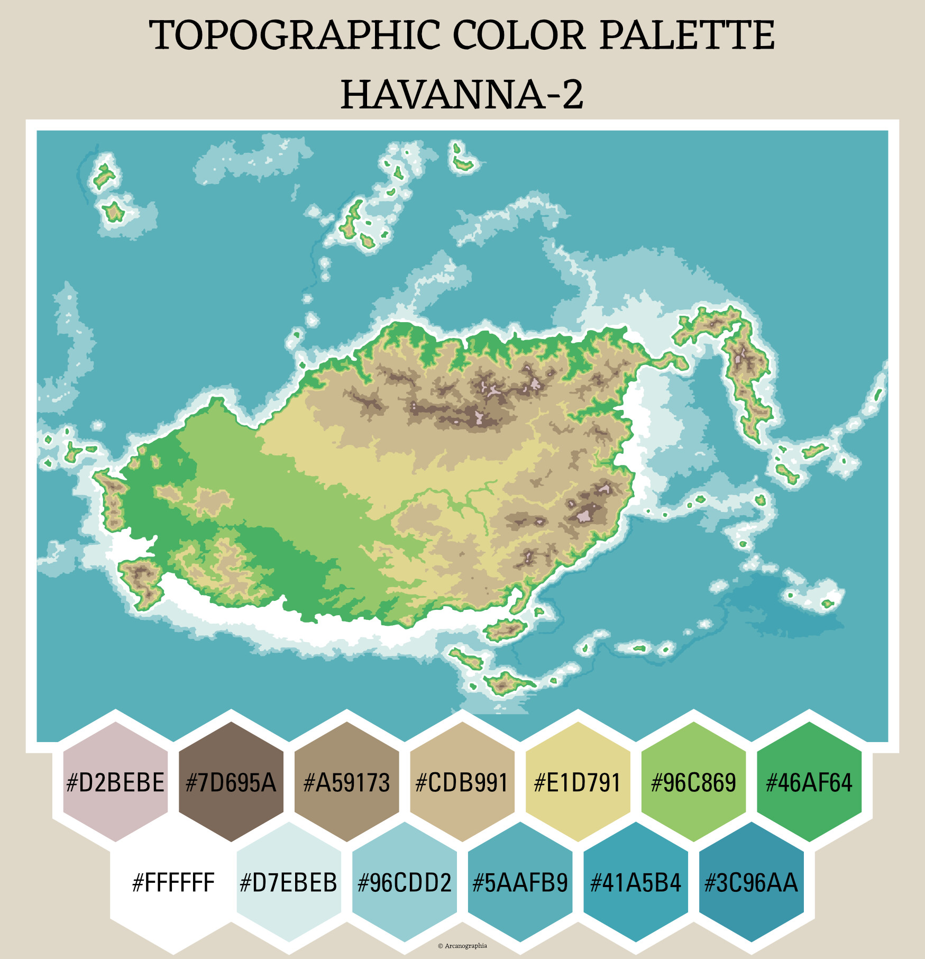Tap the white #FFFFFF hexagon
pyautogui.click(x=173, y=882)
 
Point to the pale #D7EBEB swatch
pyautogui.click(x=289, y=882)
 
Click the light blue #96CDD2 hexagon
pyautogui.click(x=405, y=882)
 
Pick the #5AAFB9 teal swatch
pyautogui.click(x=520, y=882)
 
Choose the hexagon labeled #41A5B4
pyautogui.click(x=636, y=882)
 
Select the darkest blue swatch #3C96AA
pyautogui.click(x=752, y=882)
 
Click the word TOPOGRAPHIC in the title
pyautogui.click(x=294, y=35)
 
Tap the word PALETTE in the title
pyautogui.click(x=687, y=35)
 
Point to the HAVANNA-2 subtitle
pyautogui.click(x=462, y=95)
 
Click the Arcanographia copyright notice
pyautogui.click(x=462, y=946)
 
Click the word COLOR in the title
pyautogui.click(x=519, y=35)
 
